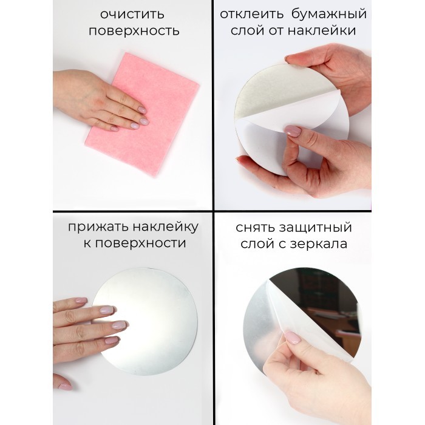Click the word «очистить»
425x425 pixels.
pyautogui.click(x=132, y=15)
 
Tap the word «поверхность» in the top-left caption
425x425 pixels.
pyautogui.click(x=134, y=30)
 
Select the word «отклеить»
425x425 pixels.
pyautogui.click(x=251, y=14)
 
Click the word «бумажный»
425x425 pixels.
pyautogui.click(x=329, y=15)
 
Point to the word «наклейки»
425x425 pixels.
pyautogui.click(x=322, y=30)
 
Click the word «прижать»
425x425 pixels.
pyautogui.click(x=98, y=227)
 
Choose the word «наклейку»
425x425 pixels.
pyautogui.click(x=165, y=227)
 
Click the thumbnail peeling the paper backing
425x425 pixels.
pyautogui.click(x=293, y=131)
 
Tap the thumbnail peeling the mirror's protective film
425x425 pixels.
pyautogui.click(x=293, y=338)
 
